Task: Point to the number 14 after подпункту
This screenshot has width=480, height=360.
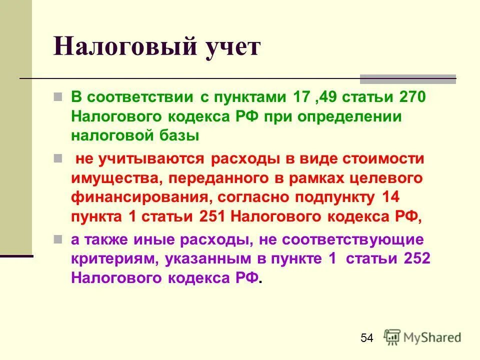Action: pos(390,197)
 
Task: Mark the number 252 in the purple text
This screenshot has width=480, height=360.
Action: pos(415,259)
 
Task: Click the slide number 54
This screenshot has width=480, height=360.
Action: pos(366,338)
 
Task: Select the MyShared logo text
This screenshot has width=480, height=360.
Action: pos(432,337)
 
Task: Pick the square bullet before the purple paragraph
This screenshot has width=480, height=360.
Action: pos(58,239)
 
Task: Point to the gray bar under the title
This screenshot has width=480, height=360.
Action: pos(408,78)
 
